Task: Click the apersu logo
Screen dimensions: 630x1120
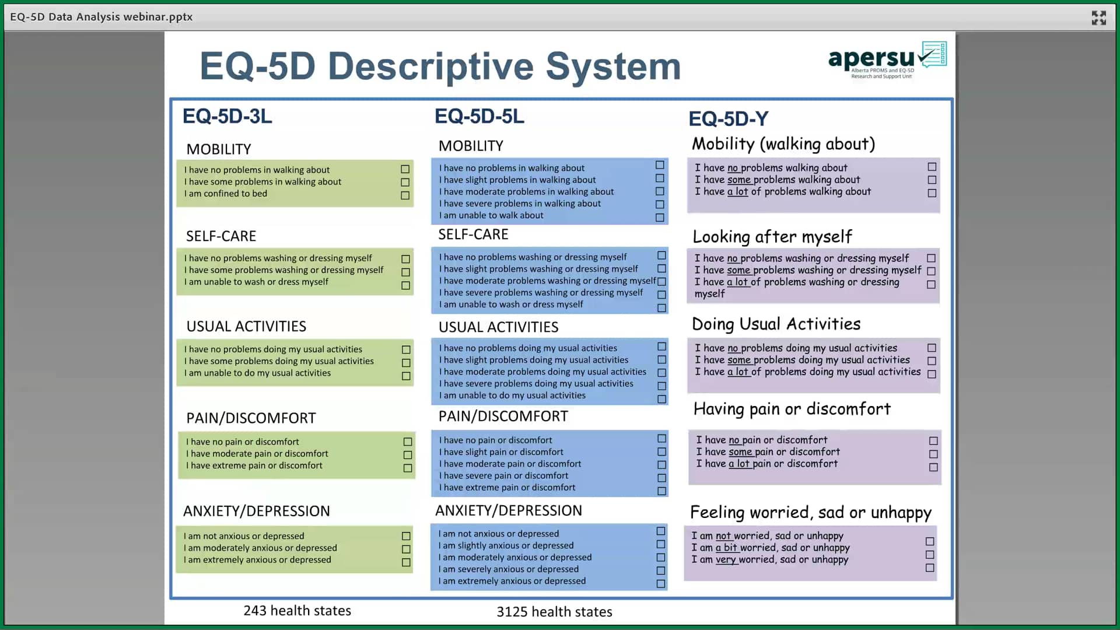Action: [x=886, y=60]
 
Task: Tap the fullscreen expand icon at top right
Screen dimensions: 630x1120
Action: [x=1098, y=17]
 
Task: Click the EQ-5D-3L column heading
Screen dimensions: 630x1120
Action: [x=227, y=116]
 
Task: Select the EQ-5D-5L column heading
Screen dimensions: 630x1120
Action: [x=479, y=116]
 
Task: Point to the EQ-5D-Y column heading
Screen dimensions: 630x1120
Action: [x=728, y=119]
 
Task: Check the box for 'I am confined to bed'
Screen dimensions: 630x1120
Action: [x=405, y=195]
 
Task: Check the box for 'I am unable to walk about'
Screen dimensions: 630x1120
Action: [x=660, y=218]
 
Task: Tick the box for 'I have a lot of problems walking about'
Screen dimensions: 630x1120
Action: [x=932, y=193]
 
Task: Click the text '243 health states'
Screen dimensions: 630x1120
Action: [x=297, y=611]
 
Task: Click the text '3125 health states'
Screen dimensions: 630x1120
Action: [x=554, y=612]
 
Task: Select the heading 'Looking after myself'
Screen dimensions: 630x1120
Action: [x=772, y=237]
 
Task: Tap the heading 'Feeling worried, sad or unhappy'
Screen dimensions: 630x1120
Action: [x=810, y=513]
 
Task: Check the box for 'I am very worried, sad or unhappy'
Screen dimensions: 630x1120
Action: [x=930, y=568]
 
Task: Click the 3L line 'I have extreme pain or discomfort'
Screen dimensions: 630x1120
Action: [x=254, y=466]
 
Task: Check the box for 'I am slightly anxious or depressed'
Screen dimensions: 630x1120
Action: [x=660, y=544]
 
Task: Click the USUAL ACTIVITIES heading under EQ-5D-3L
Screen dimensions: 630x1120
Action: [x=246, y=327]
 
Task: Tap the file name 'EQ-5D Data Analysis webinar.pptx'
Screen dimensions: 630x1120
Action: [x=101, y=17]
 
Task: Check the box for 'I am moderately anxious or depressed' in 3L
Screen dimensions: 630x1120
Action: [x=406, y=549]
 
